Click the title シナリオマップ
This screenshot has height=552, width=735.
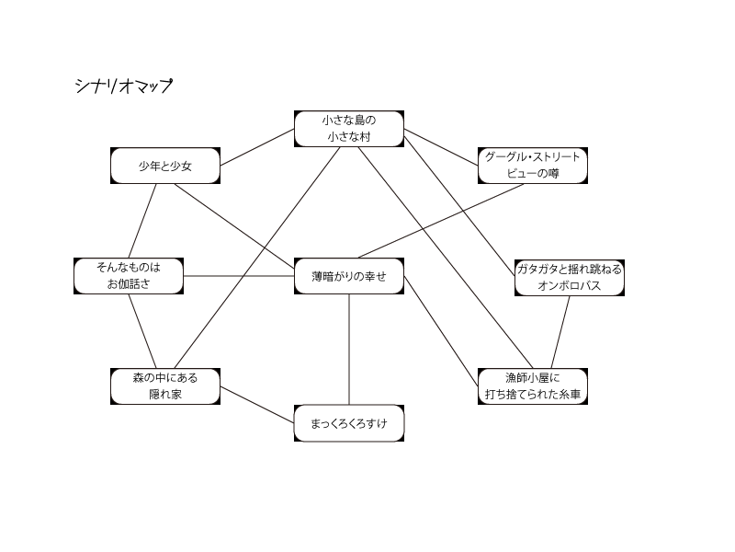click(x=123, y=86)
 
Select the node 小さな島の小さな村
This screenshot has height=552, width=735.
click(x=349, y=129)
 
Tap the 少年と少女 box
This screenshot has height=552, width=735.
click(x=165, y=167)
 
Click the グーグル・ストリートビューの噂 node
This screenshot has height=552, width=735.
click(x=533, y=166)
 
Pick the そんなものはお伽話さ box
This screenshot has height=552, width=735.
click(x=129, y=276)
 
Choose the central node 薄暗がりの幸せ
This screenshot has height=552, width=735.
click(x=349, y=276)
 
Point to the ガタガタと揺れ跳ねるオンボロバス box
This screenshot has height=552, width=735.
click(x=570, y=277)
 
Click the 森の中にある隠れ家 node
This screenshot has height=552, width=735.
click(x=165, y=386)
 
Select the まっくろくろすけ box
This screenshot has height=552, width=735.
click(x=349, y=424)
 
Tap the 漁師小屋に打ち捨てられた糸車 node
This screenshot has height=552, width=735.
click(x=533, y=386)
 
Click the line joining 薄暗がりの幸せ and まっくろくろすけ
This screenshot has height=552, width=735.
click(x=349, y=350)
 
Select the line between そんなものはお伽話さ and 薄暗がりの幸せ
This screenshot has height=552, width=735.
click(x=239, y=276)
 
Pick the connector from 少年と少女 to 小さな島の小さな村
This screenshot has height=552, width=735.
click(x=257, y=148)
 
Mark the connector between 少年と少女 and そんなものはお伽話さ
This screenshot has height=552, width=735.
click(x=147, y=221)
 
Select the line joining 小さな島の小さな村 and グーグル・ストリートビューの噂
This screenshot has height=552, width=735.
click(x=441, y=147)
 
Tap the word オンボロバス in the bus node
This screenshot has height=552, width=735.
click(x=570, y=286)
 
